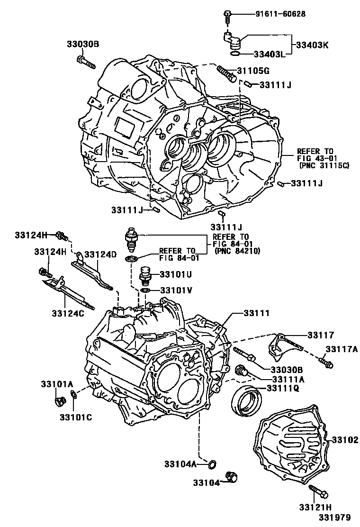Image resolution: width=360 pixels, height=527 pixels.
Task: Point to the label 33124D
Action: (x=100, y=254)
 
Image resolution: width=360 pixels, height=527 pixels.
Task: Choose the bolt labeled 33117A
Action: (x=326, y=363)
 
